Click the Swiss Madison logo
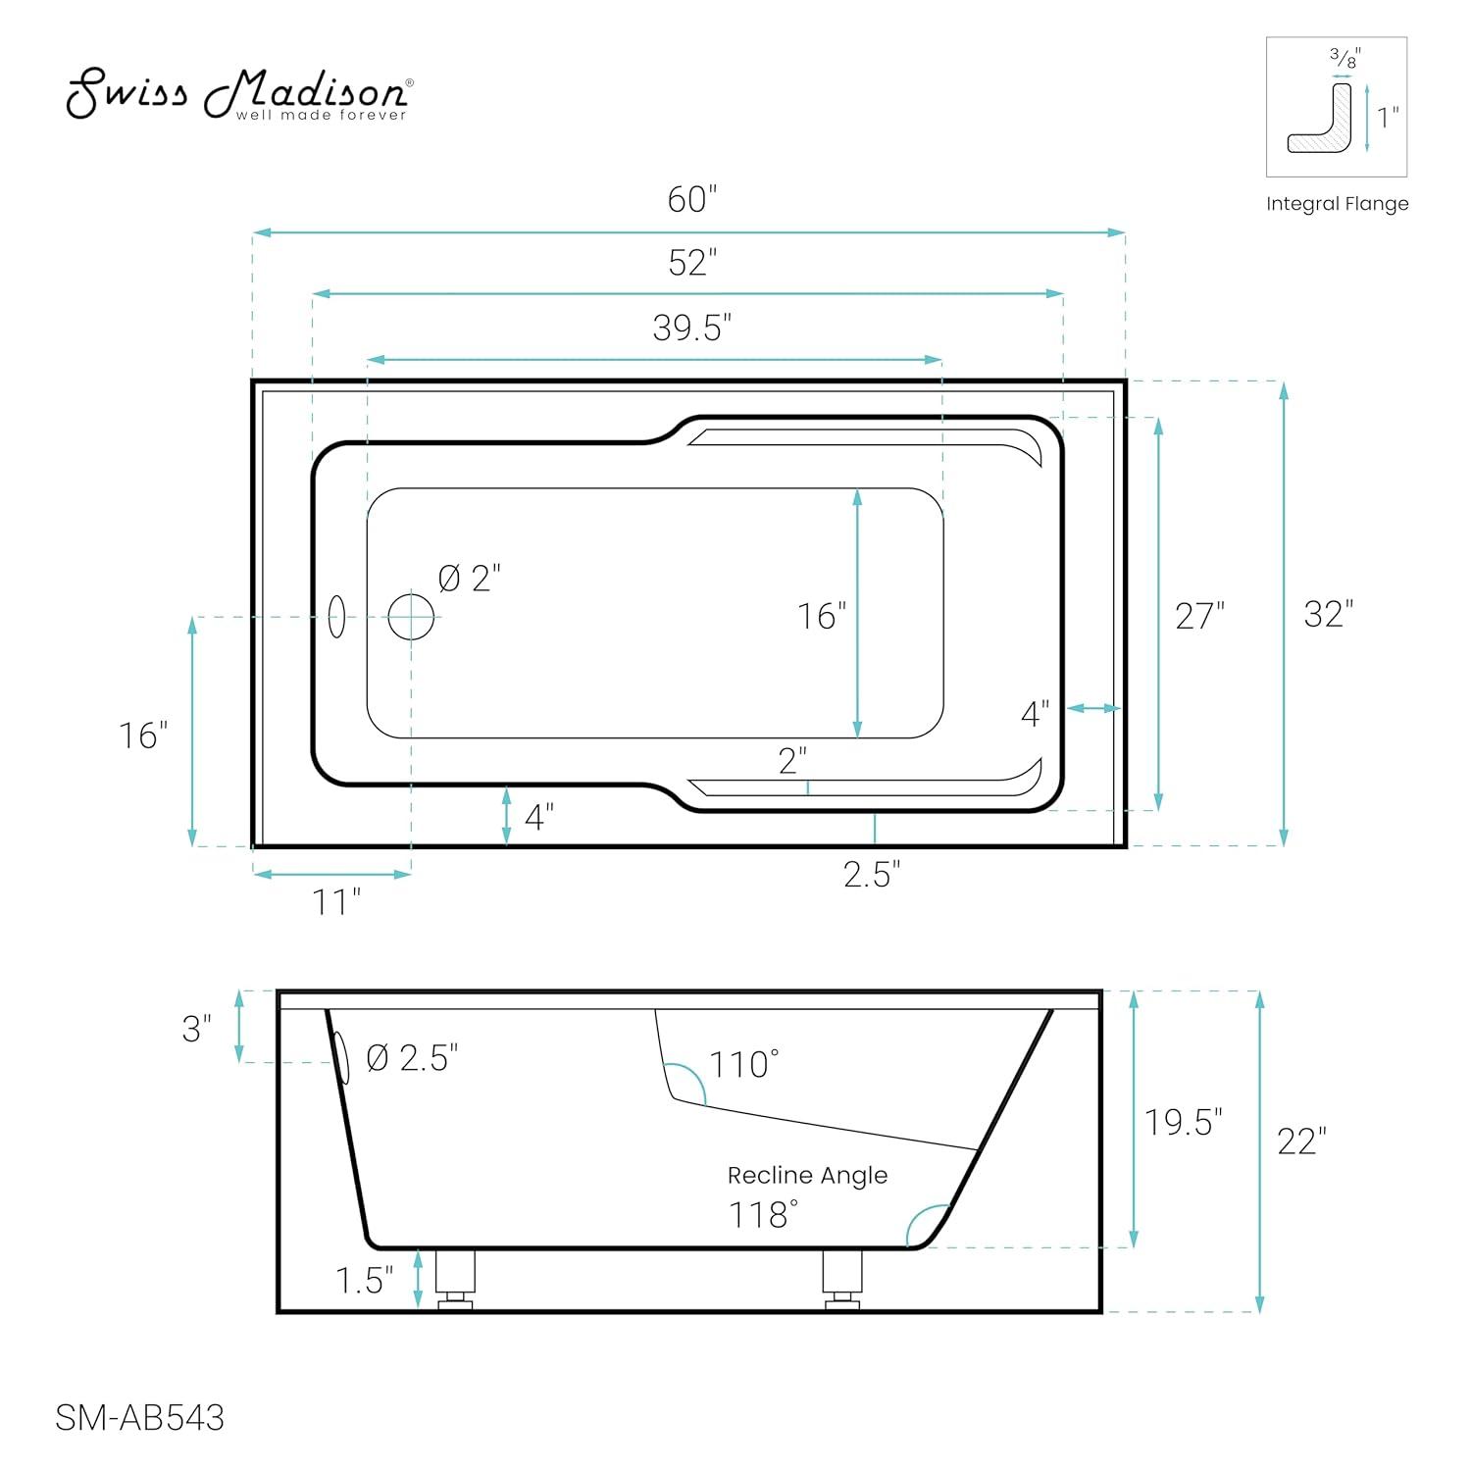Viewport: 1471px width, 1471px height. [238, 94]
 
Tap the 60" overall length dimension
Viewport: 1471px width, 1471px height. [692, 200]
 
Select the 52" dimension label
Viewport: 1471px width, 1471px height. [692, 263]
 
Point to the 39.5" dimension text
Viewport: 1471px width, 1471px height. [692, 328]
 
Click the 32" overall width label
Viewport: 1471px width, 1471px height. [1328, 615]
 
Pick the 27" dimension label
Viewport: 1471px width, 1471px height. [1200, 617]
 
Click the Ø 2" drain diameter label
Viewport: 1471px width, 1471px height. [470, 579]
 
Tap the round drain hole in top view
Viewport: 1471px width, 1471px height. [411, 617]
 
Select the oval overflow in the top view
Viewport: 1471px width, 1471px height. [336, 617]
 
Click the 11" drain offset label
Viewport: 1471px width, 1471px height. [336, 901]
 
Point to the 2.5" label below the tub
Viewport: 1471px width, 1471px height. [872, 874]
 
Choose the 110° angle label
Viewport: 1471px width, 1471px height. [744, 1064]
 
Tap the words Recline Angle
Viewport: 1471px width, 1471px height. [807, 1175]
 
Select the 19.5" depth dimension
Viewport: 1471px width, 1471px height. [1184, 1122]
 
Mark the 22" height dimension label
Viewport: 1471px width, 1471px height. [1301, 1141]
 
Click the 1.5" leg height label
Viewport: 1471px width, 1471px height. [365, 1280]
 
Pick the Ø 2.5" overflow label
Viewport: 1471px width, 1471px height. [412, 1058]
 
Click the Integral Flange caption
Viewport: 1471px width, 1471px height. [1337, 204]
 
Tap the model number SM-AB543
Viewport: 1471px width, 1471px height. [139, 1418]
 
